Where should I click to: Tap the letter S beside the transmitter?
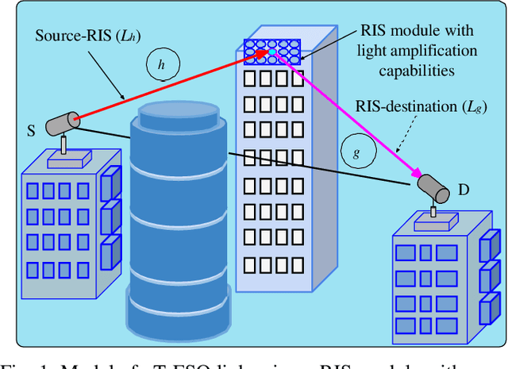coord(31,132)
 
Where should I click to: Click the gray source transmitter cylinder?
coord(62,123)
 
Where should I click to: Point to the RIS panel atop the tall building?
coord(272,50)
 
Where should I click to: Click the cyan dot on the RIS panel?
coord(272,52)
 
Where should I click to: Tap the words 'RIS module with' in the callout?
coord(417,32)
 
